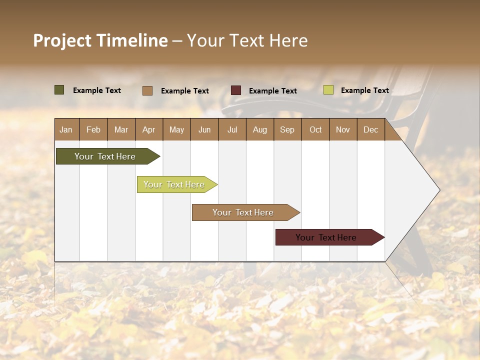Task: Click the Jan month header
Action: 66,129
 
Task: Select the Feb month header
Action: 93,129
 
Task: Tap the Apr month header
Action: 148,129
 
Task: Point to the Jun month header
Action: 204,129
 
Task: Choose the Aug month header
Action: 259,129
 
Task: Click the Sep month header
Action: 287,129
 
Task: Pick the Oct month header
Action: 315,129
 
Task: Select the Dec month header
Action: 370,129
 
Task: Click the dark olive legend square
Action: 59,90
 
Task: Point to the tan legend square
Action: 147,90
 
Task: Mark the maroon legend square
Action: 236,90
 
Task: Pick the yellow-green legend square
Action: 328,90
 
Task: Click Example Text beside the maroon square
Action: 272,90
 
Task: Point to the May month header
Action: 176,129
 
